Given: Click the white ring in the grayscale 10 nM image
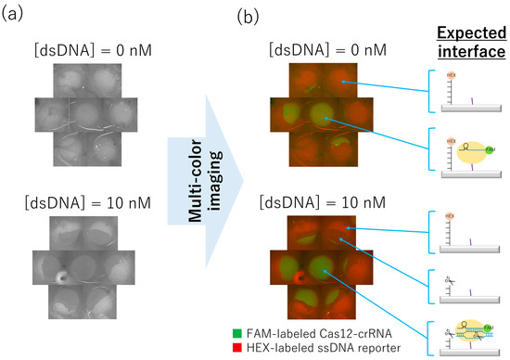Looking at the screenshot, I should (x=62, y=276).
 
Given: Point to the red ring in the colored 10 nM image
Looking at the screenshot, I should (x=299, y=276).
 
